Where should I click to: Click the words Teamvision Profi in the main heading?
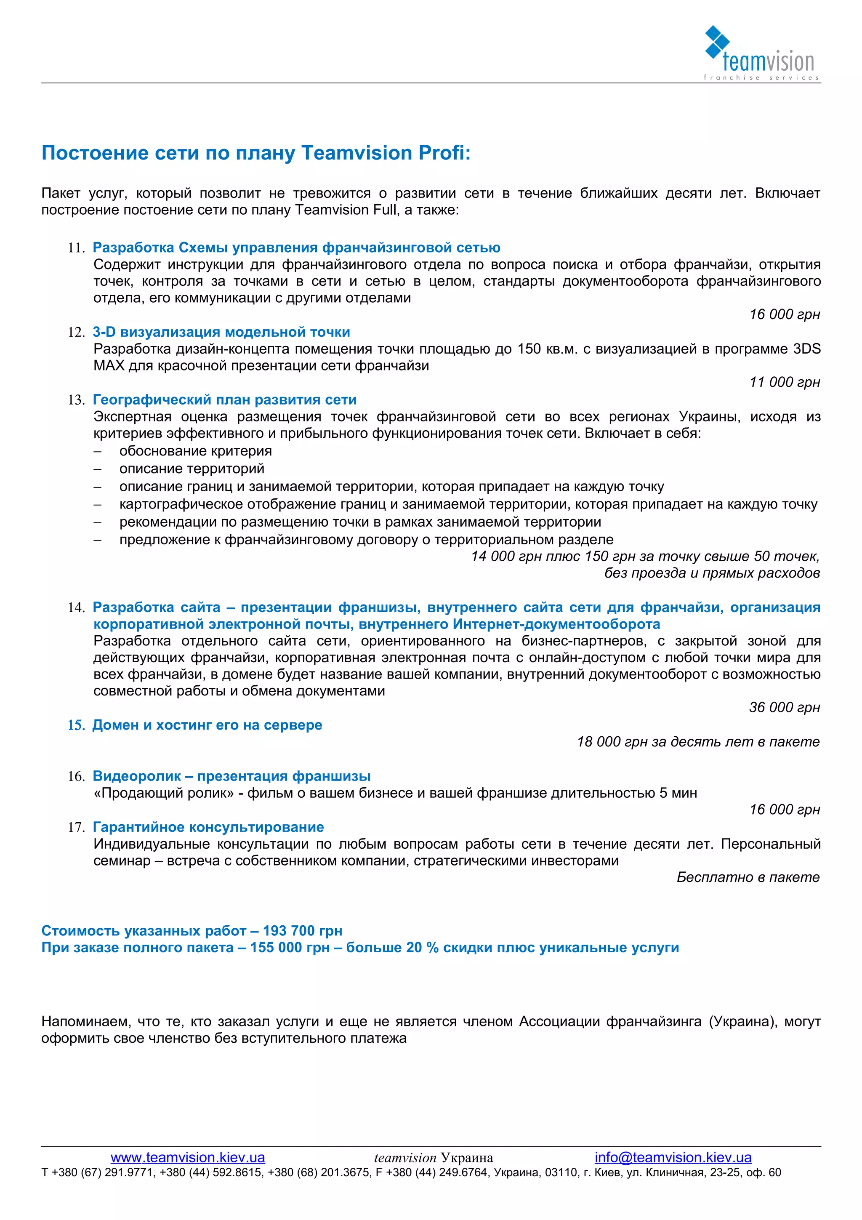click(x=386, y=153)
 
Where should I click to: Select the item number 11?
click(x=76, y=248)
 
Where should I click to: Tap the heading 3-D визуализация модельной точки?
click(x=221, y=332)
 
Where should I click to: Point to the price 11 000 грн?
click(x=784, y=382)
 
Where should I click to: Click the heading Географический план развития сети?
click(x=224, y=400)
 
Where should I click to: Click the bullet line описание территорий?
click(x=192, y=469)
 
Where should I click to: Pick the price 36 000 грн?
click(x=784, y=707)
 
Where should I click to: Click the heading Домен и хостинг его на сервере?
click(x=207, y=725)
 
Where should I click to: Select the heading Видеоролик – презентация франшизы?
click(x=231, y=776)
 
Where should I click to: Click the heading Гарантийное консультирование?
click(x=208, y=827)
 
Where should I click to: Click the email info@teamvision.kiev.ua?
click(x=673, y=1157)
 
